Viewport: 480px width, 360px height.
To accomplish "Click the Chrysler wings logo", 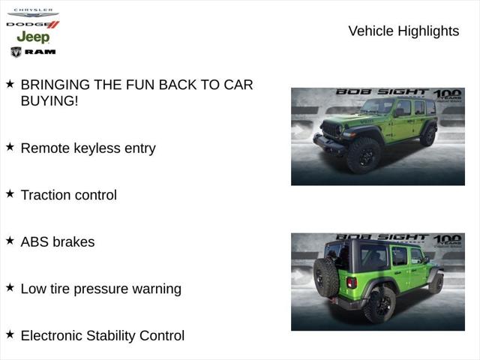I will pyautogui.click(x=33, y=13).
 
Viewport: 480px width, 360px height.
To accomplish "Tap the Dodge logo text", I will pyautogui.click(x=32, y=25).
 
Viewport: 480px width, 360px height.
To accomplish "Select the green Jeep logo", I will pyautogui.click(x=33, y=37).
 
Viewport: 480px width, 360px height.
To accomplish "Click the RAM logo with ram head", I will pyautogui.click(x=33, y=52).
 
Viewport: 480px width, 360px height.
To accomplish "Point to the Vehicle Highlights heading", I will pyautogui.click(x=403, y=31).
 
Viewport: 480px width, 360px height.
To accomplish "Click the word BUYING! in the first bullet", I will pyautogui.click(x=49, y=100).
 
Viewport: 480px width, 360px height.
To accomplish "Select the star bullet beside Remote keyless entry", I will pyautogui.click(x=10, y=147).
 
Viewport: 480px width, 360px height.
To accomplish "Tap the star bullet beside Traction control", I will pyautogui.click(x=10, y=193).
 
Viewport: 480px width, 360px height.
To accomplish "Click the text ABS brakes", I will pyautogui.click(x=58, y=241).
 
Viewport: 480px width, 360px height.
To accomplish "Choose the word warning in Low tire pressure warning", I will pyautogui.click(x=154, y=289).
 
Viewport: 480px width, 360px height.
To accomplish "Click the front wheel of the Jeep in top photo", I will pyautogui.click(x=363, y=155).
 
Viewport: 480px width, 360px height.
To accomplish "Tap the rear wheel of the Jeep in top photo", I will pyautogui.click(x=428, y=136).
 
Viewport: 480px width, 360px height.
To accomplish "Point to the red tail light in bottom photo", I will pyautogui.click(x=351, y=283).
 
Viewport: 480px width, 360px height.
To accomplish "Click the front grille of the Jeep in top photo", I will pyautogui.click(x=331, y=130).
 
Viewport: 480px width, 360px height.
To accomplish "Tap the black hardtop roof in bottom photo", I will pyautogui.click(x=382, y=244).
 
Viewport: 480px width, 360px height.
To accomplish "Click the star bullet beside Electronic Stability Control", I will pyautogui.click(x=10, y=334).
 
